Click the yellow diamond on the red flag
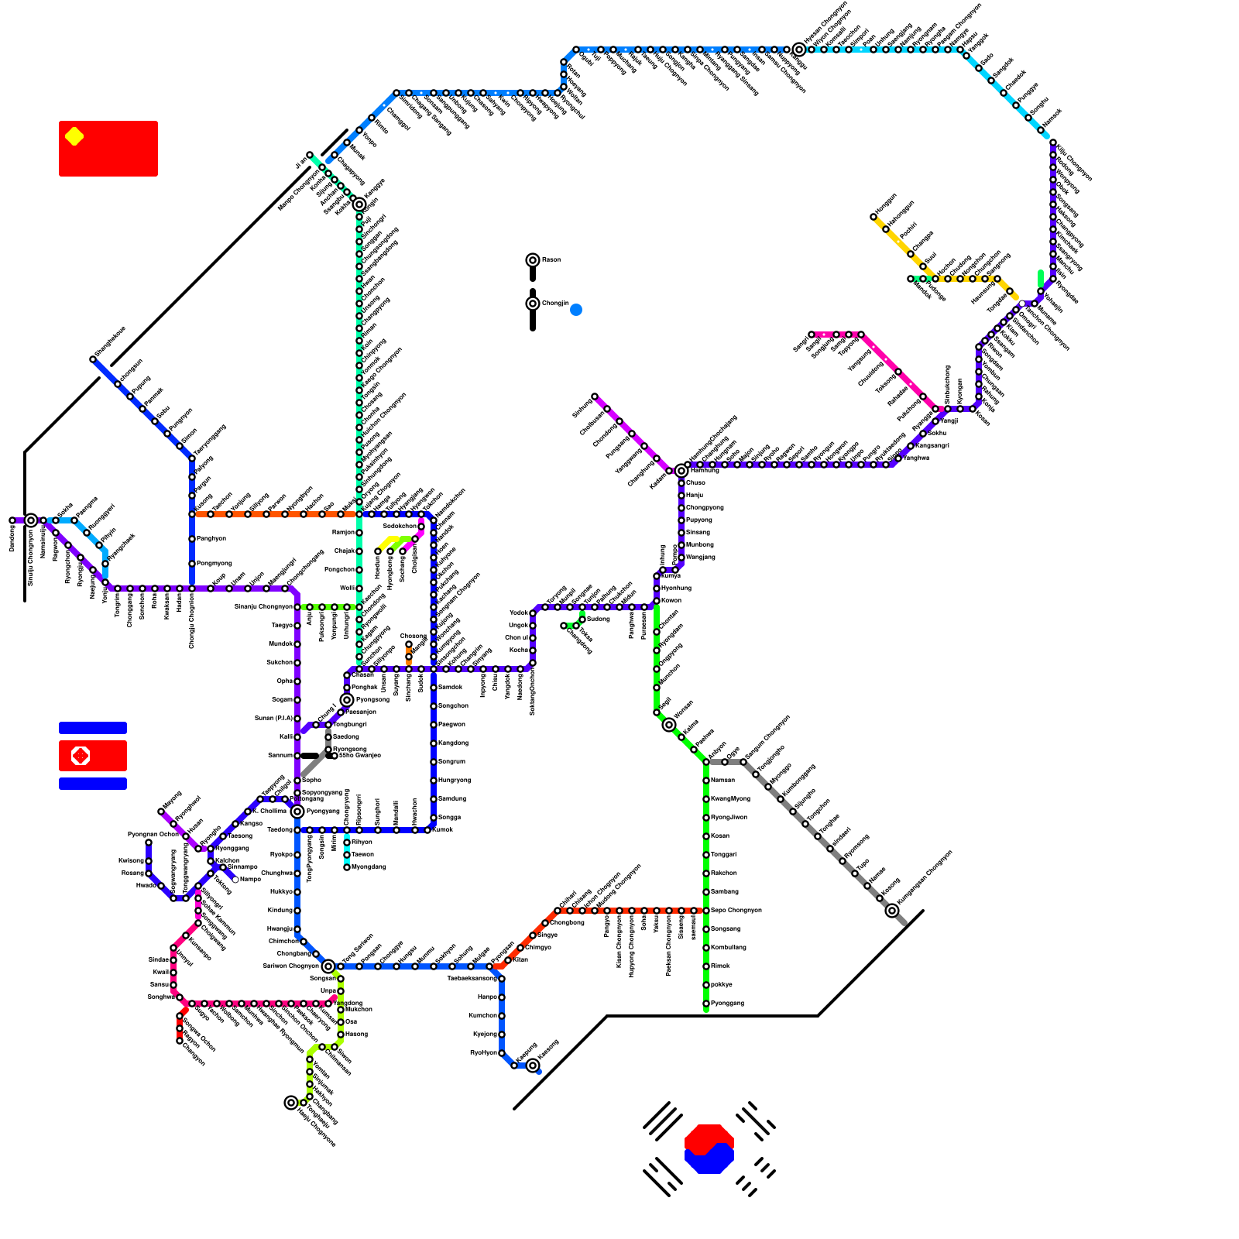pyautogui.click(x=74, y=136)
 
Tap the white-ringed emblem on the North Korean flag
pyautogui.click(x=81, y=755)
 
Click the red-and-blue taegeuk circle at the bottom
pyautogui.click(x=709, y=1148)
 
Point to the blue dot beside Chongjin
pyautogui.click(x=576, y=310)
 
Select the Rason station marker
pyautogui.click(x=533, y=260)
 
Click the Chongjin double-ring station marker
pyautogui.click(x=533, y=304)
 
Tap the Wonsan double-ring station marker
pyautogui.click(x=669, y=725)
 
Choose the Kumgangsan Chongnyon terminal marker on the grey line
pyautogui.click(x=892, y=911)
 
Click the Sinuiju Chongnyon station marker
pyautogui.click(x=31, y=520)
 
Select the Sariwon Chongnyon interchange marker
pyautogui.click(x=328, y=966)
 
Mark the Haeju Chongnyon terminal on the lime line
pyautogui.click(x=291, y=1103)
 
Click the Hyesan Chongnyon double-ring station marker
pyautogui.click(x=799, y=50)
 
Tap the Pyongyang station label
pyautogui.click(x=323, y=812)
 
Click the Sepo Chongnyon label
pyautogui.click(x=736, y=911)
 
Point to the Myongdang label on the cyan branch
pyautogui.click(x=369, y=867)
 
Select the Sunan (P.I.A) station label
pyautogui.click(x=273, y=719)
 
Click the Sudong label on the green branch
pyautogui.click(x=598, y=619)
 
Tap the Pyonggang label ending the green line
pyautogui.click(x=727, y=1004)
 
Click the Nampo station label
pyautogui.click(x=250, y=880)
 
